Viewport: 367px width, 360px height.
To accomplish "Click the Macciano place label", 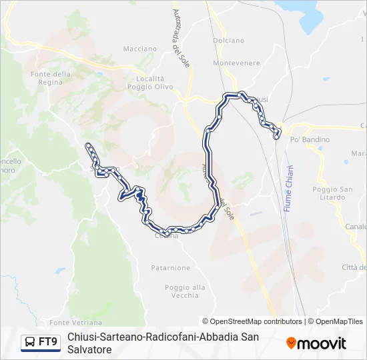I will point(140,49).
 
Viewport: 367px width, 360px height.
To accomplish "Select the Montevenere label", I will point(236,63).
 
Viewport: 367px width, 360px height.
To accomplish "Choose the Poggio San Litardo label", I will point(332,193).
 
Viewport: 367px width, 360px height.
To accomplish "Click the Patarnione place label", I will point(170,267).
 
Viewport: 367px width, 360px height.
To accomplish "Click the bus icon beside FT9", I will point(30,343).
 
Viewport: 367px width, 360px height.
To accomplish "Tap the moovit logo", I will point(316,343).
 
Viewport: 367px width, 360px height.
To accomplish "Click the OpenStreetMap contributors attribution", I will point(252,321).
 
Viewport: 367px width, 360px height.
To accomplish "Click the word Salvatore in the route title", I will point(89,349).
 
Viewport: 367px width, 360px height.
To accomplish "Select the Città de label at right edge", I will point(354,267).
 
